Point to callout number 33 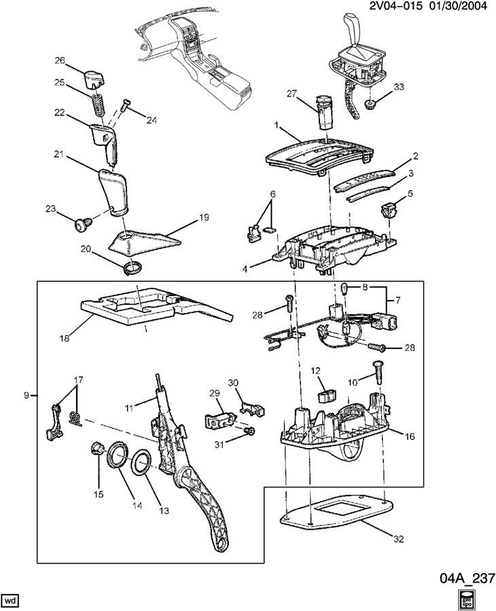point(398,86)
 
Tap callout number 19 point(203,218)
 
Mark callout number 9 point(26,395)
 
